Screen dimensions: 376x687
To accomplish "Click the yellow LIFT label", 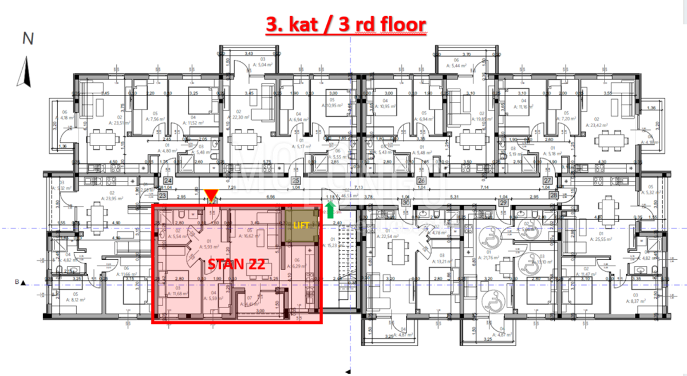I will pos(301,226).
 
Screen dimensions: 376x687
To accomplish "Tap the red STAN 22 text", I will pos(236,265).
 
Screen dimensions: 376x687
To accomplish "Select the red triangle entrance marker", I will pos(211,195).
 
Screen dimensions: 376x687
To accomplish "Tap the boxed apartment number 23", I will pos(163,195).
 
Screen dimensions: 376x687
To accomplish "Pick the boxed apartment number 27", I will pos(547,180).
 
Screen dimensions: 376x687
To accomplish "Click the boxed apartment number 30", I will pos(406,202).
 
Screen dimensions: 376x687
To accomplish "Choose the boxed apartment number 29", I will pos(504,202).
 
